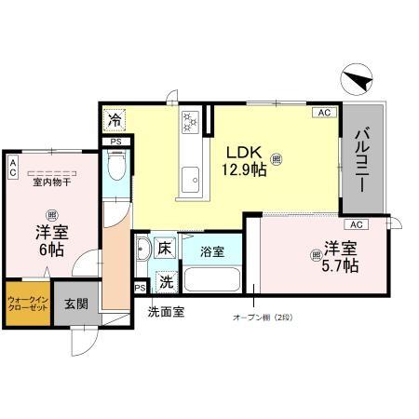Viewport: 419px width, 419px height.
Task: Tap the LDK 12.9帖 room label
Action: [x=244, y=157]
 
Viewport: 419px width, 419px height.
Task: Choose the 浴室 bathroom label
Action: [x=211, y=251]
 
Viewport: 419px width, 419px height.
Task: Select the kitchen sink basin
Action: [x=193, y=175]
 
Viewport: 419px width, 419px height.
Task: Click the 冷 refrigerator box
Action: [x=114, y=120]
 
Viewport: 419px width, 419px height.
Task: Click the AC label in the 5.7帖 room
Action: [x=355, y=224]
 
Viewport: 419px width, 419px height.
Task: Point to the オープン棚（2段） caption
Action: [x=263, y=318]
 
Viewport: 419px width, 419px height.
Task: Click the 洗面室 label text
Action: [x=165, y=312]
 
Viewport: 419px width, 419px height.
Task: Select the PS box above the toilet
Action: [x=115, y=142]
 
